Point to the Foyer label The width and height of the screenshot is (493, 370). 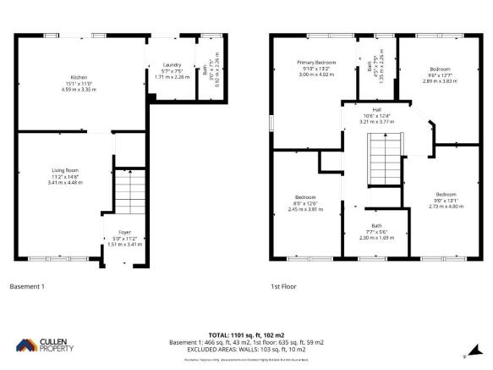point(124,231)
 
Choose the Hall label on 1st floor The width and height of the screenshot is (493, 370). point(367,110)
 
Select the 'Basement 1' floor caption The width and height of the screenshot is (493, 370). point(26,286)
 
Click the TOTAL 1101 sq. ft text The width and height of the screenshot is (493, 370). point(246,335)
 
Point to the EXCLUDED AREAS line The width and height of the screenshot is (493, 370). point(246,349)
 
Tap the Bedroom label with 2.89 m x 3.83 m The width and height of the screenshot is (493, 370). point(440,69)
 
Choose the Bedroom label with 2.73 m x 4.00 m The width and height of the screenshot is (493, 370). point(445,194)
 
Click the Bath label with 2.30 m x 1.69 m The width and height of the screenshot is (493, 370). point(376,226)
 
